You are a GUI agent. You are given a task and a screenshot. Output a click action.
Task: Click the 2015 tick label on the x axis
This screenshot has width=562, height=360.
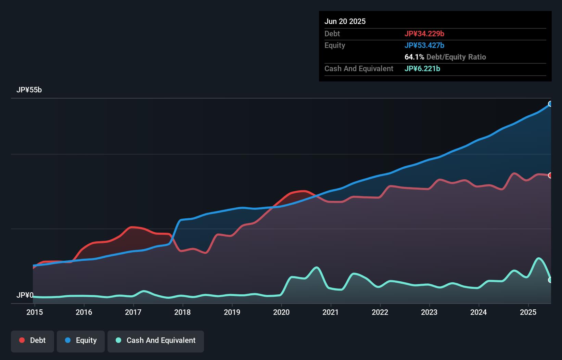pos(35,312)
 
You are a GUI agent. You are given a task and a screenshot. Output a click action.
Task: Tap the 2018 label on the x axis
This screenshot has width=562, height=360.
pos(182,312)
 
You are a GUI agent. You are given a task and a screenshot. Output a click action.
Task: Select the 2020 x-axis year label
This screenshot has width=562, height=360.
pos(281,312)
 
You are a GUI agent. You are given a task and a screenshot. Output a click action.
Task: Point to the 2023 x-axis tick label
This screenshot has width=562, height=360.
pos(429,312)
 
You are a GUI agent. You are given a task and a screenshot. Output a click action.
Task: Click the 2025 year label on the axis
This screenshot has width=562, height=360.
pos(528,312)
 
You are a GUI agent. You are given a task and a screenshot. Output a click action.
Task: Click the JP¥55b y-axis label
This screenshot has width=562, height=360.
pos(29,90)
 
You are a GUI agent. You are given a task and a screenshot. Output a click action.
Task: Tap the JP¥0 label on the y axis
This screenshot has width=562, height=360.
pos(25,295)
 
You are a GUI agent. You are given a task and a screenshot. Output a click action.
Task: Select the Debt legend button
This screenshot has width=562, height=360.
pos(33,340)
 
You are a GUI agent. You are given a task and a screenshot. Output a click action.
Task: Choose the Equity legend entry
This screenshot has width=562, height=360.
pos(81,340)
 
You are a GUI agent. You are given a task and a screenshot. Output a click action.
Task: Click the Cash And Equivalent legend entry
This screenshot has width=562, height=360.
pos(156,340)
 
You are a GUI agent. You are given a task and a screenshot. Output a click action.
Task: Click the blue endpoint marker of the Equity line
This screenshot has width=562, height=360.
pos(550,104)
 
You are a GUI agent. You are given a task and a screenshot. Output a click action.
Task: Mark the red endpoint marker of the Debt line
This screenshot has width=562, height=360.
pos(550,175)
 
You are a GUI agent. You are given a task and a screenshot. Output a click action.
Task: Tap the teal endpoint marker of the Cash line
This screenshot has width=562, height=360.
pos(550,280)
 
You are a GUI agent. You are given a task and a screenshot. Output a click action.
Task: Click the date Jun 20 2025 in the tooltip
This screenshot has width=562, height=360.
pos(345,21)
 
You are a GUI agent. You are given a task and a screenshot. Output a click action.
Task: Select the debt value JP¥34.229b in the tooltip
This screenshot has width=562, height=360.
pos(424,34)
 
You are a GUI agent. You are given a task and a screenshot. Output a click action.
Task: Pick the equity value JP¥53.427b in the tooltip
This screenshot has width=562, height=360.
pos(424,45)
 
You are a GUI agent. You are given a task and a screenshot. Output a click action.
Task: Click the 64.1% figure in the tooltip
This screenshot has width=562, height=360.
pos(414,57)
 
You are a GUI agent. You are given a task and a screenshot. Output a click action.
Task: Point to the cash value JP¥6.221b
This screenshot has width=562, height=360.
pos(422,68)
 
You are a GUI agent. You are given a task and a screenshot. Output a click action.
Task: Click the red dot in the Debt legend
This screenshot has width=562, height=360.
pos(22,340)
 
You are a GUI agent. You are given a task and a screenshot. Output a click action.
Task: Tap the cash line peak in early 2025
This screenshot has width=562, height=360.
pos(539,258)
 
